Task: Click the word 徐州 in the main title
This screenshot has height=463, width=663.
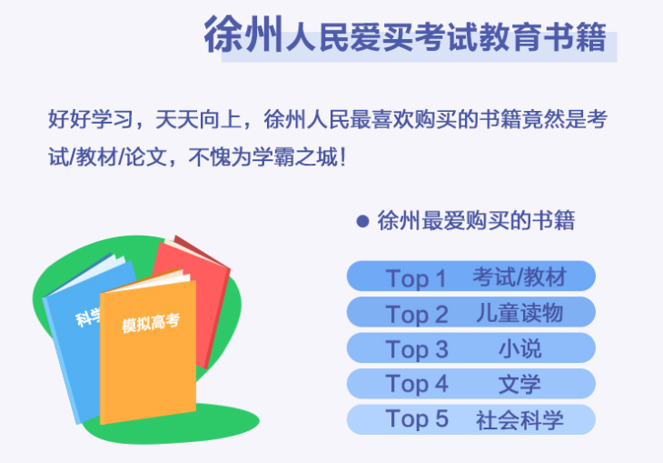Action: pos(243,35)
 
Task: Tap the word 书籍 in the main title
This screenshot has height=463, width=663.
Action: pos(576,37)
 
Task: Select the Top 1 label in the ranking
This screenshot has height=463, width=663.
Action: pos(416,277)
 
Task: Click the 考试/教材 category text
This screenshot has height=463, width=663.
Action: pos(520,277)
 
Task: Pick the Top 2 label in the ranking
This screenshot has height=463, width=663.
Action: pos(417,314)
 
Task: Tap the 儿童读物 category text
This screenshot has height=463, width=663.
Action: pos(520,314)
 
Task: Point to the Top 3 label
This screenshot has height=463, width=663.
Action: pos(417,349)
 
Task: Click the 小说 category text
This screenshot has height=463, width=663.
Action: pos(520,349)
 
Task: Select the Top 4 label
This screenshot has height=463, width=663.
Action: pos(417,384)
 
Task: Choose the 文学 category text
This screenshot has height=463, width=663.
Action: pos(520,385)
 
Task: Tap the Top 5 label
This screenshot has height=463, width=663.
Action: pos(417,419)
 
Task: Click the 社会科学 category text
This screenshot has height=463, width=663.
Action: pos(520,419)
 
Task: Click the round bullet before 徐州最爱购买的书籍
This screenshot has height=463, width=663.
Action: pos(362,221)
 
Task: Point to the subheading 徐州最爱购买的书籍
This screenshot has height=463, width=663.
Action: pos(476,221)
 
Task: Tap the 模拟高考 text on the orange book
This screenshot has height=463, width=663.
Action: pos(151,323)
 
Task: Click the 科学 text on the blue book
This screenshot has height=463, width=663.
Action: pos(88,317)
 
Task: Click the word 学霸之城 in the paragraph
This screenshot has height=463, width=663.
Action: pos(295,157)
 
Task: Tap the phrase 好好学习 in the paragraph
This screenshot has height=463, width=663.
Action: pos(91,119)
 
